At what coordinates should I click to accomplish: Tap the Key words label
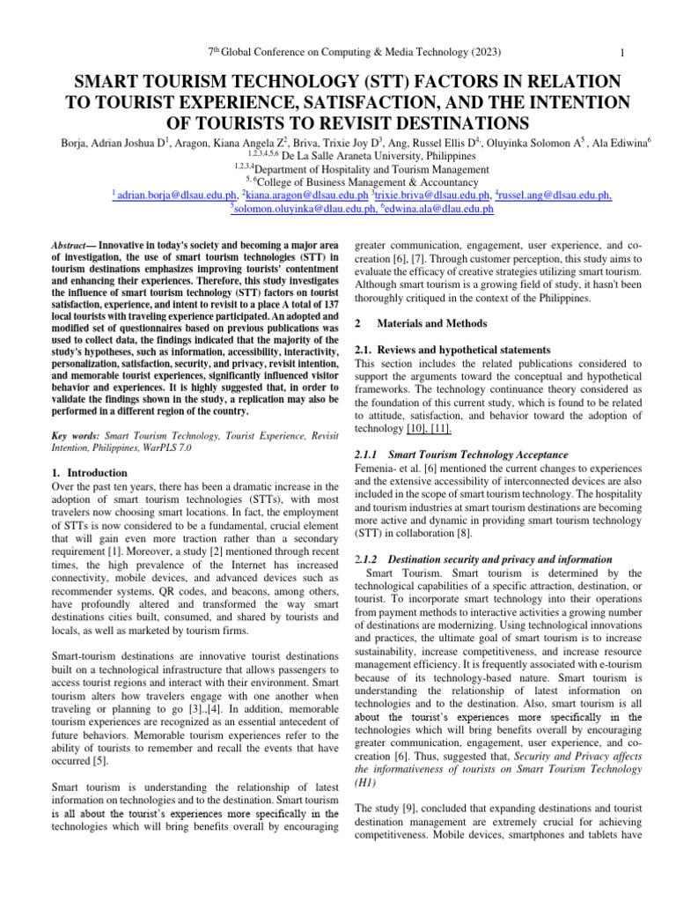click(76, 434)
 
